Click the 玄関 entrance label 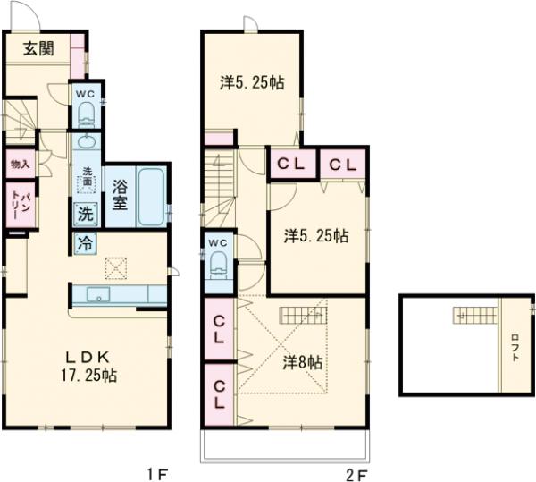pyautogui.click(x=38, y=49)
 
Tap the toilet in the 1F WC pyautogui.click(x=86, y=115)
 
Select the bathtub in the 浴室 pyautogui.click(x=150, y=197)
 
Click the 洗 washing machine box pyautogui.click(x=86, y=215)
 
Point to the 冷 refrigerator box pyautogui.click(x=86, y=243)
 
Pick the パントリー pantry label pyautogui.click(x=20, y=205)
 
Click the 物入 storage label pyautogui.click(x=21, y=165)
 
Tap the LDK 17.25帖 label pyautogui.click(x=88, y=367)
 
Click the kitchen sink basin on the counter pyautogui.click(x=98, y=294)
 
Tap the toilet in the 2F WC pyautogui.click(x=219, y=264)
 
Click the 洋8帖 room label pyautogui.click(x=303, y=362)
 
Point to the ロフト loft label pyautogui.click(x=515, y=347)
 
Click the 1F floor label pyautogui.click(x=157, y=474)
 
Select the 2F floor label pyautogui.click(x=357, y=474)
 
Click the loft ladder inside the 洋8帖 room pyautogui.click(x=304, y=315)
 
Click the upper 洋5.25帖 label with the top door pyautogui.click(x=252, y=82)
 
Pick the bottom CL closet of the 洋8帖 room pyautogui.click(x=219, y=394)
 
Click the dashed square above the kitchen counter pyautogui.click(x=116, y=268)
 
